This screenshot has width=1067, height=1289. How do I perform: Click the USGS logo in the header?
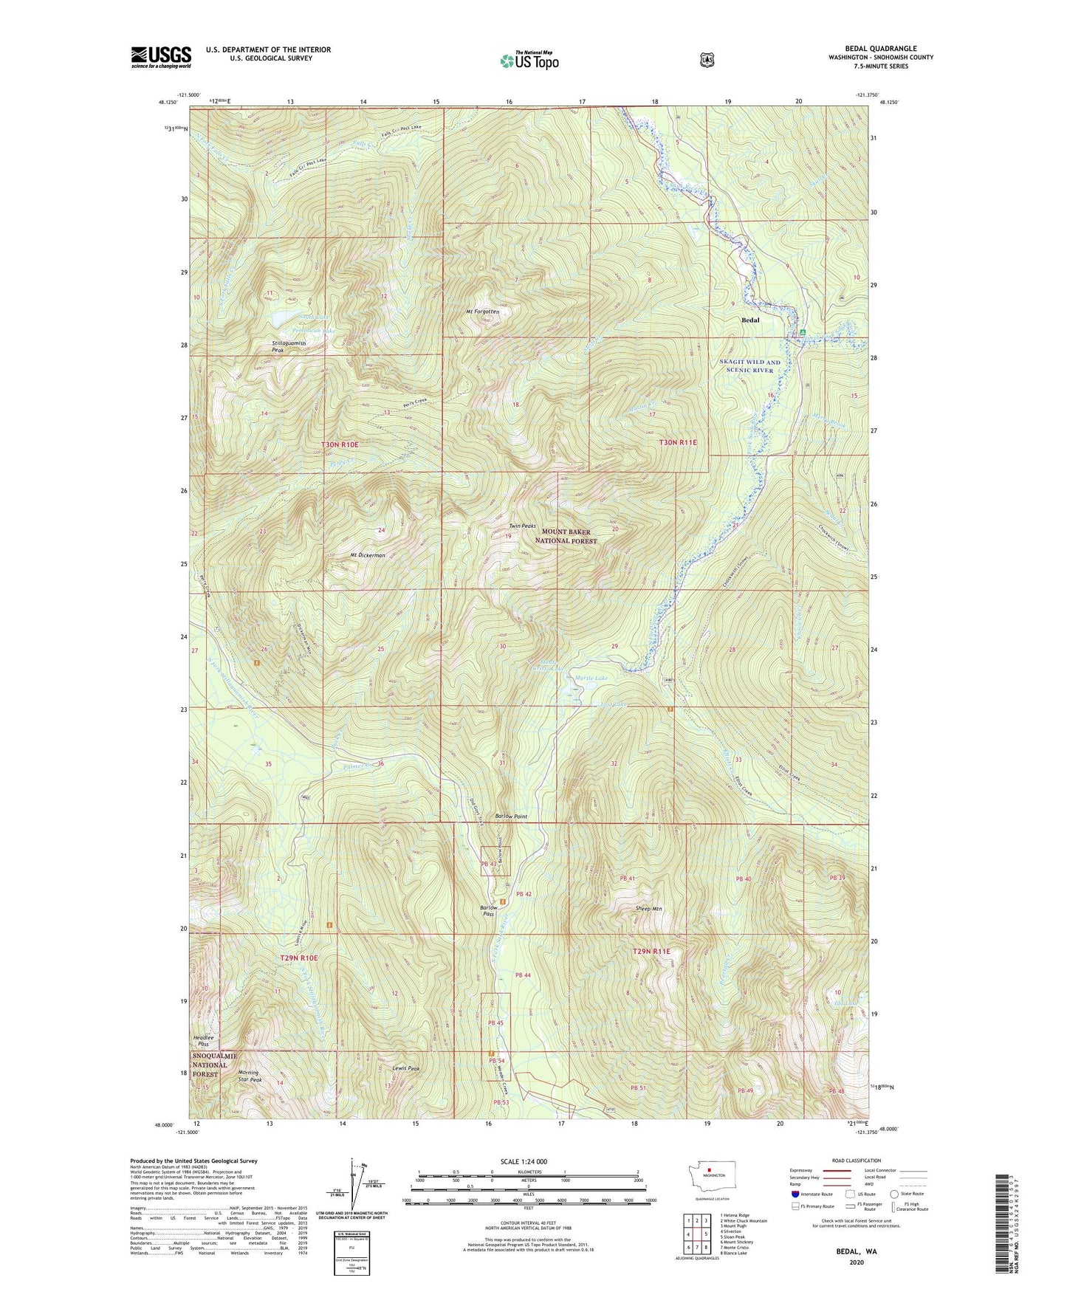tap(161, 57)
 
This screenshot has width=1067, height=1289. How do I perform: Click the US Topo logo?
tap(529, 61)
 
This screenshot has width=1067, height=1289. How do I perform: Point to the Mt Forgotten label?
tap(482, 312)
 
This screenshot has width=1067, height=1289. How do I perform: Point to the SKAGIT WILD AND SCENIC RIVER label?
tap(749, 366)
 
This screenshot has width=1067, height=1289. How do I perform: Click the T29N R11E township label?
tap(651, 952)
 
